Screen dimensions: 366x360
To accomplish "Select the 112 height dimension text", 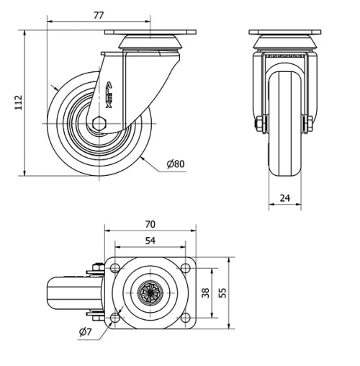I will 18,102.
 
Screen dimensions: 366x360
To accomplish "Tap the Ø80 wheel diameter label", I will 175,164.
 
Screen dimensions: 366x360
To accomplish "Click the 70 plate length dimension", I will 150,225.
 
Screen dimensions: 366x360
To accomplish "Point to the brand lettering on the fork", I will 109,95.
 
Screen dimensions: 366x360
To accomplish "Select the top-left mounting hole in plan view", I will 115,269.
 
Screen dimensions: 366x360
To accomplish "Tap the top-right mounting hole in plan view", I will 186,269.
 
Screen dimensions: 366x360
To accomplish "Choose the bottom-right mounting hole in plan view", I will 186,317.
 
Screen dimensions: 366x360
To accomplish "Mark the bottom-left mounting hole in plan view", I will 115,317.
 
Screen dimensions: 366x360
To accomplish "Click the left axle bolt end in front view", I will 258,125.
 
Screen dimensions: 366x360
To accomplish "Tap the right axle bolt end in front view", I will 310,125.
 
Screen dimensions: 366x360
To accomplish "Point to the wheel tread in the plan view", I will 65,293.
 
